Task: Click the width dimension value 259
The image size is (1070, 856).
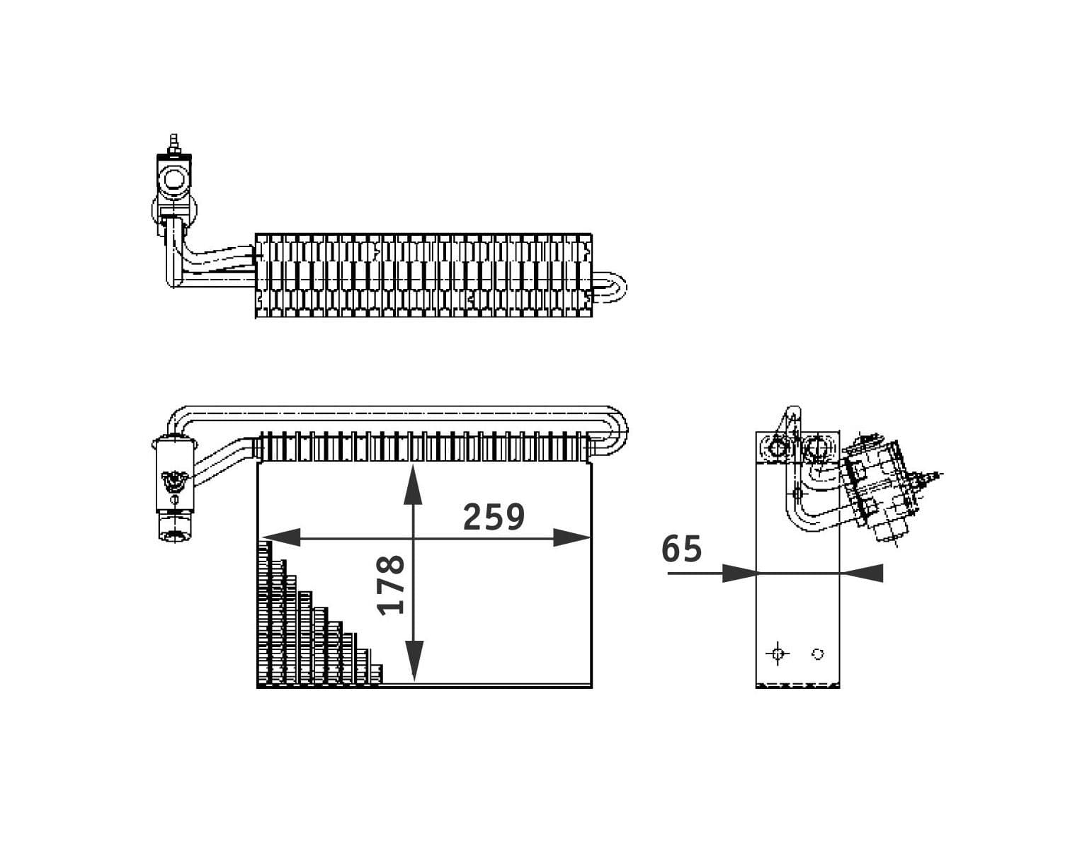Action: tap(494, 518)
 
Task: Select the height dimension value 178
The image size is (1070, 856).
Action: tap(392, 585)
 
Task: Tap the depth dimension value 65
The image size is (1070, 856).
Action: tap(682, 549)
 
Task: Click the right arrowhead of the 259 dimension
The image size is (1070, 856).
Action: tap(571, 538)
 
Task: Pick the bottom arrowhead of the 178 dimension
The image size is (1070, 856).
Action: tap(414, 662)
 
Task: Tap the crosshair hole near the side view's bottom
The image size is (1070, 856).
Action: tap(778, 654)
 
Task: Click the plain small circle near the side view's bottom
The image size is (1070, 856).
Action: tap(818, 654)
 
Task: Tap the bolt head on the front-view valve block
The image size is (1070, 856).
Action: tap(172, 481)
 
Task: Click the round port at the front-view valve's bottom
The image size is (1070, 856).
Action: tap(173, 534)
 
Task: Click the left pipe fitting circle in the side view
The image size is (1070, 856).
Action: tap(778, 447)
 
